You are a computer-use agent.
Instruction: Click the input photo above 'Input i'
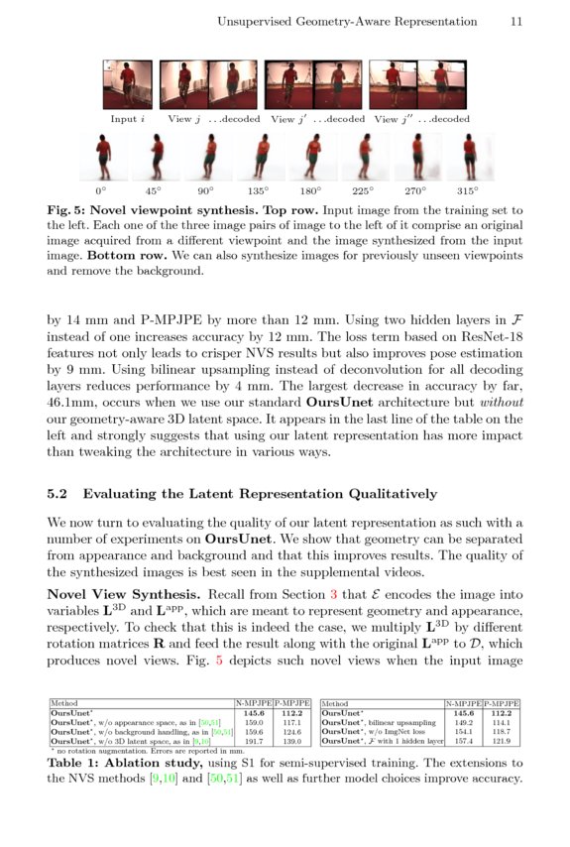(x=128, y=85)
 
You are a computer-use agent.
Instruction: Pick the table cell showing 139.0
(x=292, y=741)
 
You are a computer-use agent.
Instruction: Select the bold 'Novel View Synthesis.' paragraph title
(x=118, y=594)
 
